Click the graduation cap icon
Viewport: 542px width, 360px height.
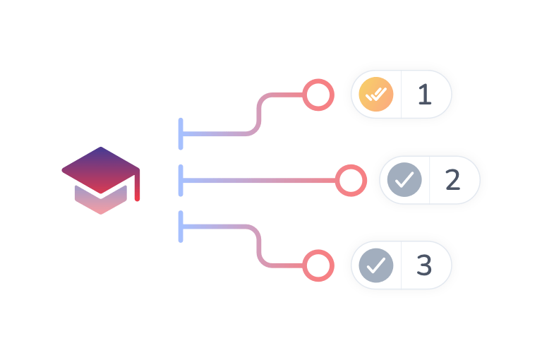[100, 179]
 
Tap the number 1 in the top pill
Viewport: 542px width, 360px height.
[424, 95]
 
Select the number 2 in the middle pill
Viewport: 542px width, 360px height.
[452, 181]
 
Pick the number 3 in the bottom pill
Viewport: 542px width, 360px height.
[424, 265]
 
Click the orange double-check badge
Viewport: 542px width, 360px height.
[374, 95]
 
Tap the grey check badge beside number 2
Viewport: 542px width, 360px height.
[404, 181]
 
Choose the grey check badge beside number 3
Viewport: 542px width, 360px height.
[375, 265]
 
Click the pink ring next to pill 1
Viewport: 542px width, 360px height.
[318, 95]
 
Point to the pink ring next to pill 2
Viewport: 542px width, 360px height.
[350, 181]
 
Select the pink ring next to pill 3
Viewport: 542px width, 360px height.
[318, 265]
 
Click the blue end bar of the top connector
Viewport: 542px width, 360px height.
[181, 134]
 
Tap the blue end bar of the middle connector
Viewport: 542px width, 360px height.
[181, 181]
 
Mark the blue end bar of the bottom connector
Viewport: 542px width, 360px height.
[181, 227]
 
